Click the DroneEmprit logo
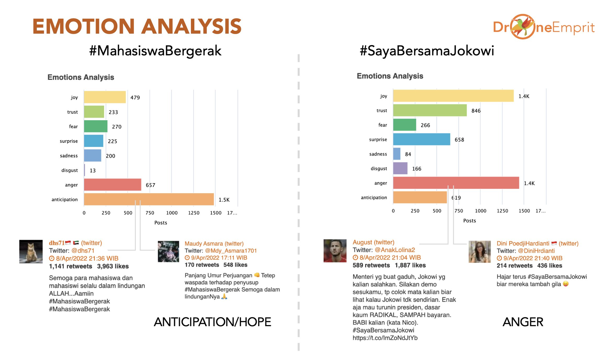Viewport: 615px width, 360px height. pyautogui.click(x=544, y=27)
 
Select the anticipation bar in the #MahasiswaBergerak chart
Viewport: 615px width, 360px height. pyautogui.click(x=149, y=199)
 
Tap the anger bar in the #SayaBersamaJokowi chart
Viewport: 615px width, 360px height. pyautogui.click(x=456, y=183)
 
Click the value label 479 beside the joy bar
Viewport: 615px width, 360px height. pyautogui.click(x=135, y=97)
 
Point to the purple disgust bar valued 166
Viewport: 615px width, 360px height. pyautogui.click(x=400, y=168)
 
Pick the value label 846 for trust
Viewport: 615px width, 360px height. pyautogui.click(x=476, y=111)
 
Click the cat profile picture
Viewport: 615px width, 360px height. pyautogui.click(x=31, y=251)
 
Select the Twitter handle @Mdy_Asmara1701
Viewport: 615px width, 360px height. pyautogui.click(x=231, y=251)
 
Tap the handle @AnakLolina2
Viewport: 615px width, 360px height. pyautogui.click(x=395, y=250)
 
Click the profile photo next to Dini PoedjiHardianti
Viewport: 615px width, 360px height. pyautogui.click(x=479, y=252)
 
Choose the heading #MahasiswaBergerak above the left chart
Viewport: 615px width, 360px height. pyautogui.click(x=155, y=51)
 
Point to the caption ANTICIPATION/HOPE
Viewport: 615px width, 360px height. pyautogui.click(x=212, y=322)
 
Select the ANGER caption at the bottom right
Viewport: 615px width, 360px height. pyautogui.click(x=523, y=322)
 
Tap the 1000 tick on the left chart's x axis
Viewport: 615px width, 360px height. pyautogui.click(x=172, y=213)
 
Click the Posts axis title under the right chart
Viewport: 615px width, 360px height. pyautogui.click(x=469, y=221)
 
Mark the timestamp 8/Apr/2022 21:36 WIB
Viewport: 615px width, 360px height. pyautogui.click(x=87, y=259)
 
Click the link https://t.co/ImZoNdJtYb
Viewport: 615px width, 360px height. pyautogui.click(x=385, y=338)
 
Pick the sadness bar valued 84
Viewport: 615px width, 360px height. pyautogui.click(x=397, y=154)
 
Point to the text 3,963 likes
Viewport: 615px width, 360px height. pyautogui.click(x=113, y=266)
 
